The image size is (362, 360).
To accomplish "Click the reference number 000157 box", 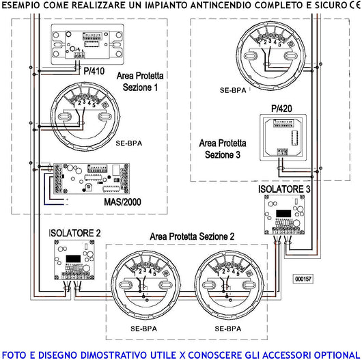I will click(303, 279).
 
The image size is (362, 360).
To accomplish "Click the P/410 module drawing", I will click(86, 42).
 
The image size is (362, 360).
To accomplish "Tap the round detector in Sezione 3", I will click(268, 52).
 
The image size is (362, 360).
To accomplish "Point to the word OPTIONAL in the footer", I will click(331, 354).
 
